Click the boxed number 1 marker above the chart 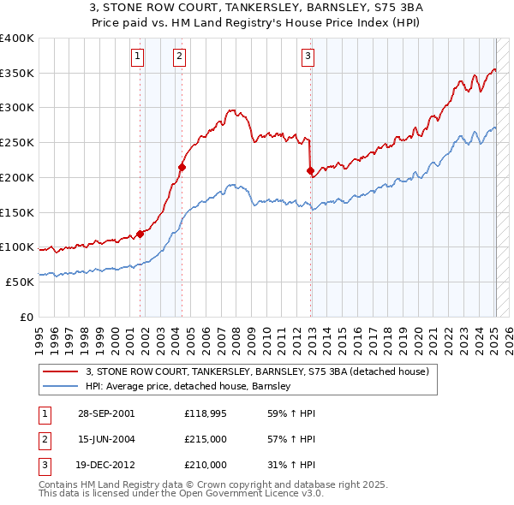[137, 56]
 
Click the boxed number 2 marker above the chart [179, 56]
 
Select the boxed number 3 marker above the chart [308, 56]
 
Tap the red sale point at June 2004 [182, 167]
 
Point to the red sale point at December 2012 [310, 170]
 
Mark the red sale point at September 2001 [140, 234]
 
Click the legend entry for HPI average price [188, 387]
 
